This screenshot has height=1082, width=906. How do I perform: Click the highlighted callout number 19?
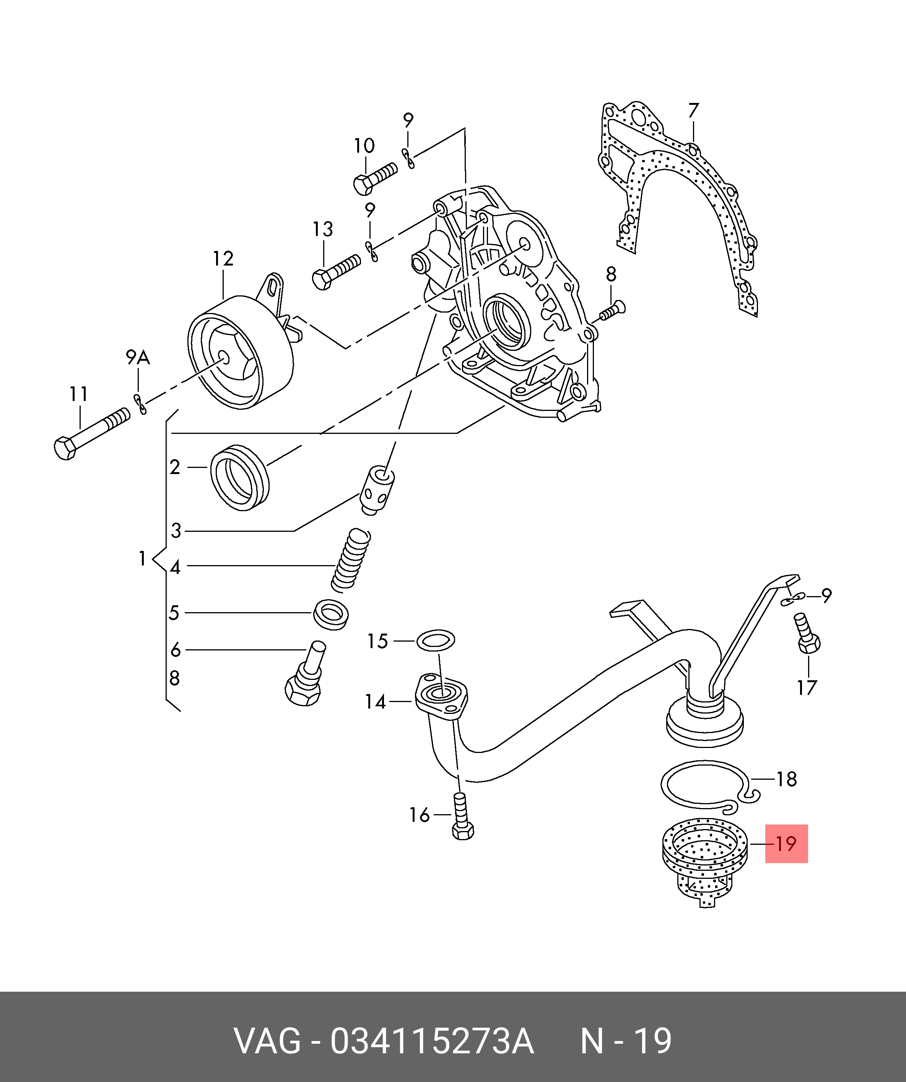(786, 844)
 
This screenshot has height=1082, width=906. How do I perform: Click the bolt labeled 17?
(807, 633)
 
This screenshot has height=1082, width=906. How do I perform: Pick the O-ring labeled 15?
(435, 640)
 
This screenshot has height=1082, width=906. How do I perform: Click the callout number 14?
(376, 701)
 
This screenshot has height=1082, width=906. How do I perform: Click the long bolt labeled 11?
(92, 434)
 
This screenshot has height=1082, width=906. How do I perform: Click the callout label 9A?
(138, 357)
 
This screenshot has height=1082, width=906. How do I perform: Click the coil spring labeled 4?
(351, 561)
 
